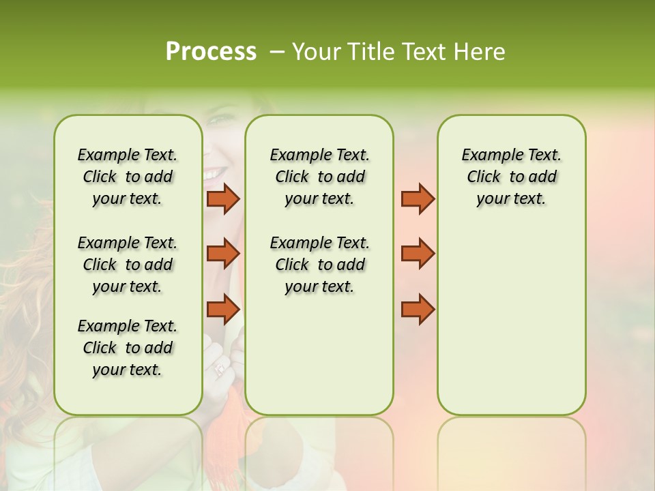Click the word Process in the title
(x=211, y=52)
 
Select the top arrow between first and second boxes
(x=223, y=198)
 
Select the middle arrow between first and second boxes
(x=223, y=254)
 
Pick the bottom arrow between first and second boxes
(x=223, y=309)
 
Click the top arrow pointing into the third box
(x=418, y=198)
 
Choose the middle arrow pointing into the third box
(x=418, y=254)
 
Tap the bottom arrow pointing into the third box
(x=418, y=309)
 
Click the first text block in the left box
(x=128, y=177)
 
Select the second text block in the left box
(x=128, y=265)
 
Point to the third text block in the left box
(x=128, y=348)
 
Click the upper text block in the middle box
(x=319, y=177)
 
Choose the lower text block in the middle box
(x=319, y=265)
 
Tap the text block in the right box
(x=511, y=177)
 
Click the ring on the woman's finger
(x=220, y=370)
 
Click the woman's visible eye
(x=216, y=120)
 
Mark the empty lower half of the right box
(x=511, y=321)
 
